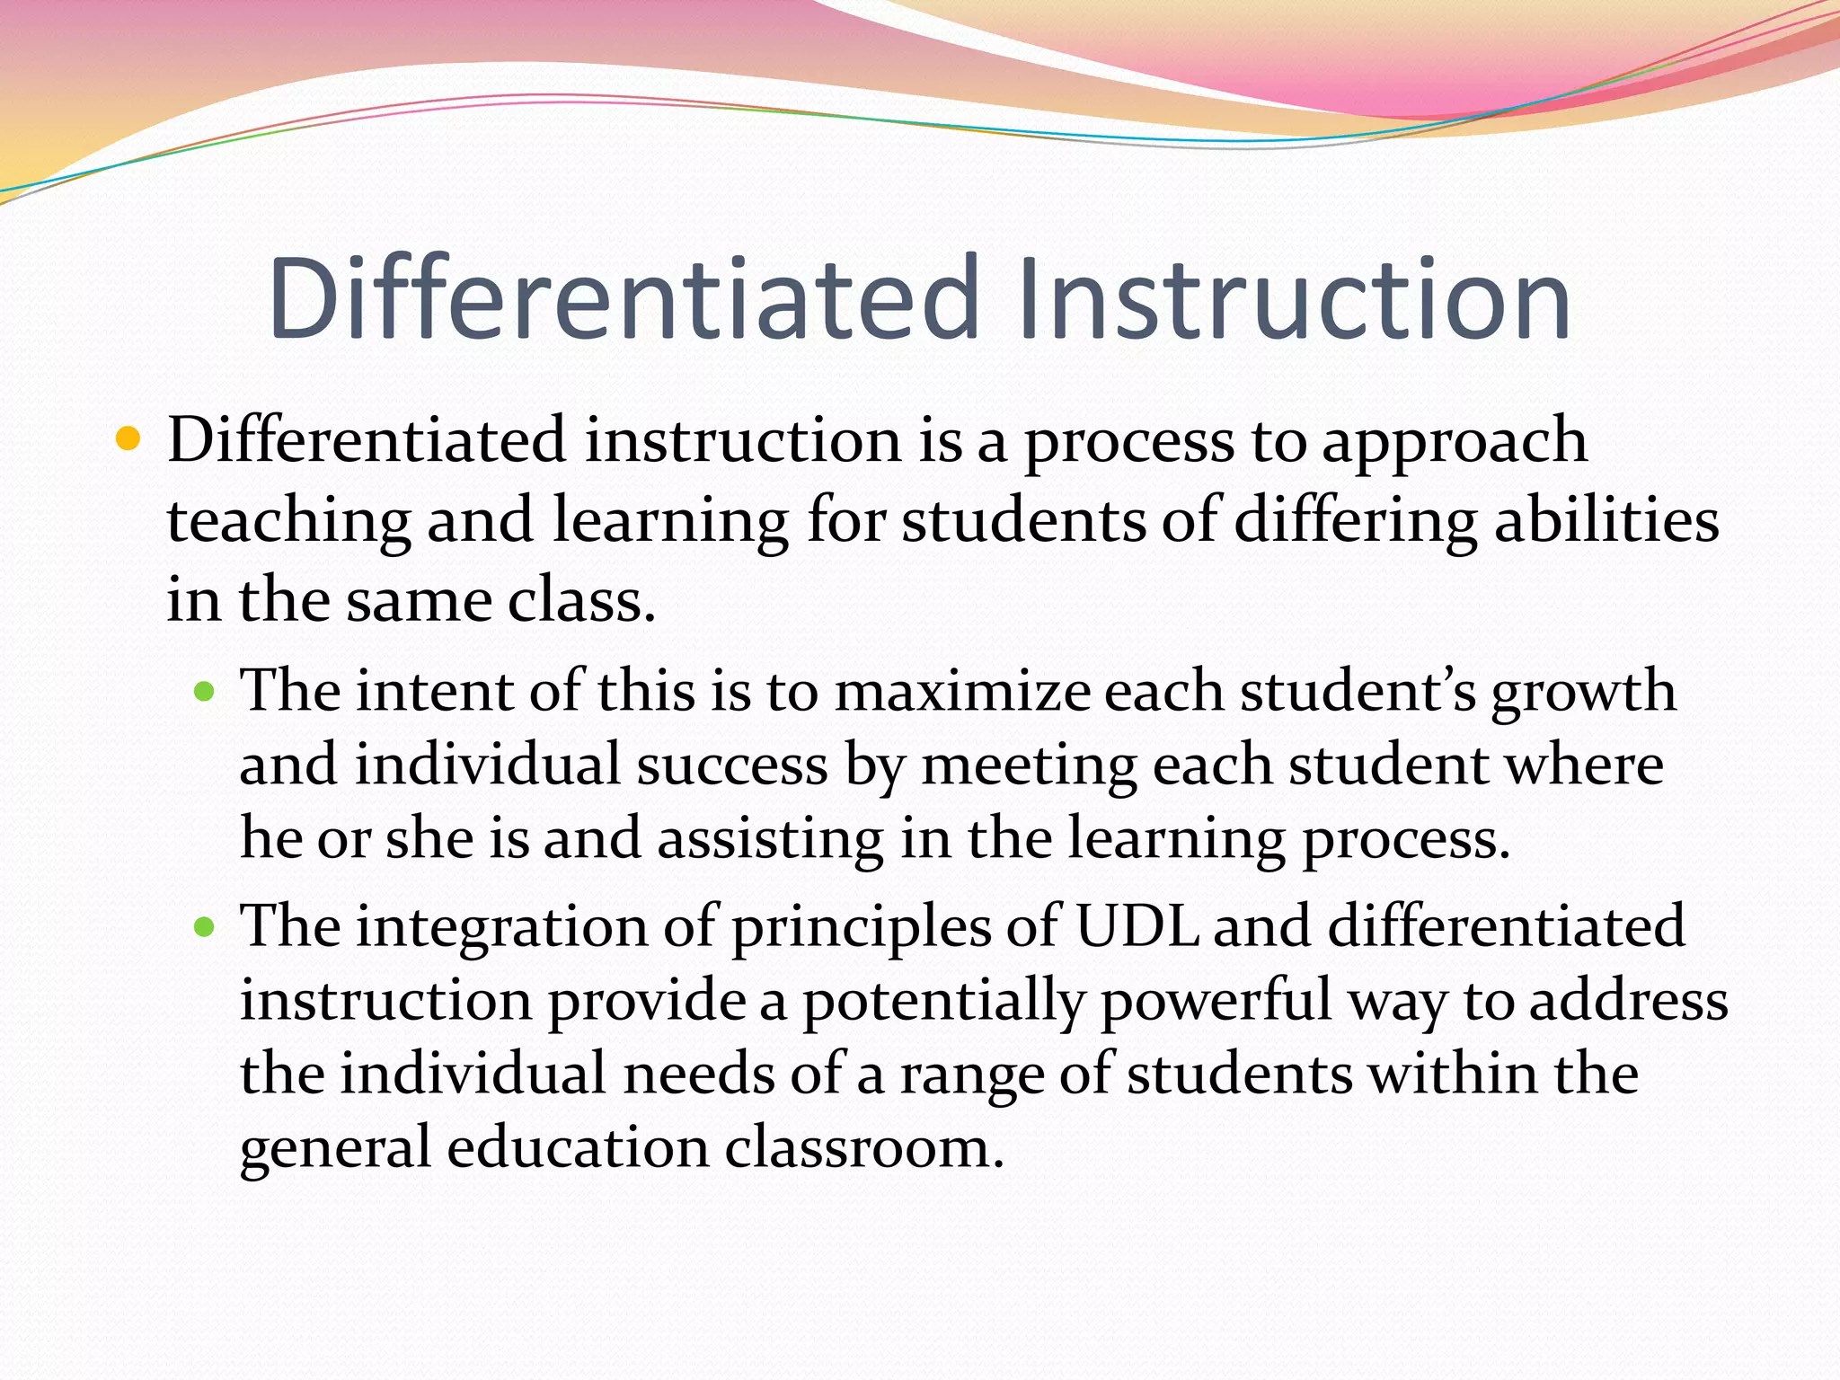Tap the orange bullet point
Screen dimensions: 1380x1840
129,439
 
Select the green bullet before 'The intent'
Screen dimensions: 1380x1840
206,691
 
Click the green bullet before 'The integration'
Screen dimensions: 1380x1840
206,926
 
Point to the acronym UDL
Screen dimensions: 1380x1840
1137,926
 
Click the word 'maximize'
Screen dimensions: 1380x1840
962,693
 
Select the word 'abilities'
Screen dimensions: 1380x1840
1606,521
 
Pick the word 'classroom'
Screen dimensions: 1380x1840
863,1148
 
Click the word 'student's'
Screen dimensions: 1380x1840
1358,693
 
